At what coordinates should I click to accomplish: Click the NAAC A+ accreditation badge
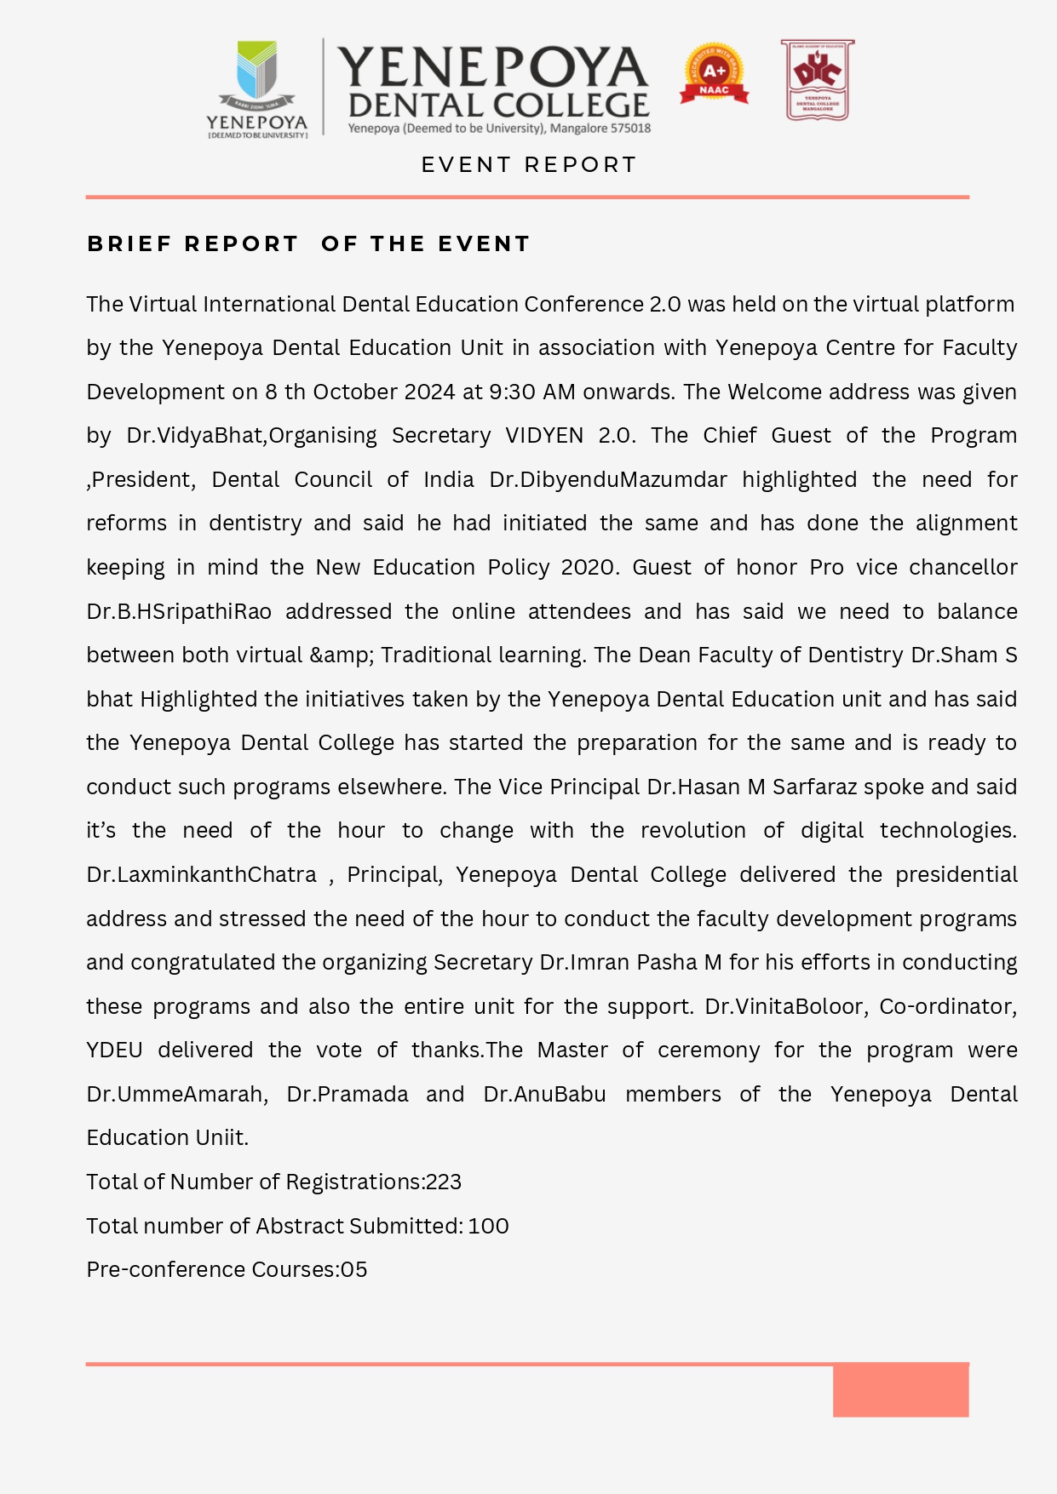(714, 75)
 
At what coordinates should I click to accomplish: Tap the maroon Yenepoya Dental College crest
(817, 79)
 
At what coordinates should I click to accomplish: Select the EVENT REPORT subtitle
(529, 164)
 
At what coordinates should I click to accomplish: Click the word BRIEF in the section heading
(129, 244)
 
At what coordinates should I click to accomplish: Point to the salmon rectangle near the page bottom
(900, 1390)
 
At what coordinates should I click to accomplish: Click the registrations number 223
(444, 1182)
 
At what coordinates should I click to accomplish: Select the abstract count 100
(488, 1226)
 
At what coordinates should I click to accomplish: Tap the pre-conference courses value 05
(353, 1270)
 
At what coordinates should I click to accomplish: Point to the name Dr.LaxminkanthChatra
(201, 875)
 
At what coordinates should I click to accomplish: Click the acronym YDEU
(114, 1050)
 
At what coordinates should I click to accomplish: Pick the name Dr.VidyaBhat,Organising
(251, 436)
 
